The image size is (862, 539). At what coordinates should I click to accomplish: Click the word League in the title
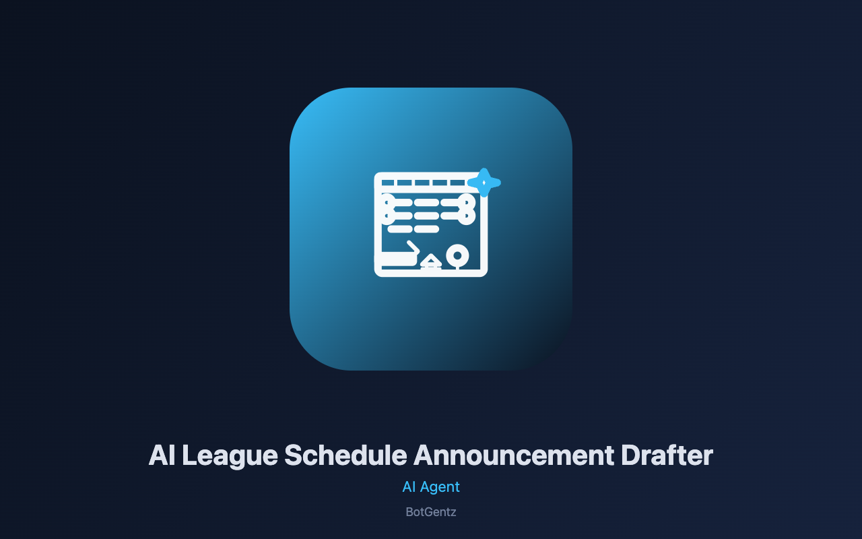(x=230, y=456)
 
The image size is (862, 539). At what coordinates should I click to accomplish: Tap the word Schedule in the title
(x=345, y=455)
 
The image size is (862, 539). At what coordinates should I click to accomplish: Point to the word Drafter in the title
(x=667, y=455)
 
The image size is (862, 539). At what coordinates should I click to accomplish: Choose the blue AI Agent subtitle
(x=431, y=486)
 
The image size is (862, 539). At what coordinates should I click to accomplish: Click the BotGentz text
(x=431, y=512)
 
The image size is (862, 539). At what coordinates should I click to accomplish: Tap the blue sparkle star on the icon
(x=484, y=183)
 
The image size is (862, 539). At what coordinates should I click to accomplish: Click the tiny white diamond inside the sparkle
(x=484, y=183)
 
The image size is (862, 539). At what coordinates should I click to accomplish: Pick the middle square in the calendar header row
(x=422, y=183)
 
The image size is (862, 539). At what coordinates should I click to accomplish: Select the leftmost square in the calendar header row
(x=387, y=183)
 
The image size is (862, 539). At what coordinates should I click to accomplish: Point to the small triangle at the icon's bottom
(x=431, y=260)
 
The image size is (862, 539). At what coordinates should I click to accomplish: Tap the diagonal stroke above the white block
(x=413, y=247)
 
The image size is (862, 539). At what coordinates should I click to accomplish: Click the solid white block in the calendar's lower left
(x=397, y=259)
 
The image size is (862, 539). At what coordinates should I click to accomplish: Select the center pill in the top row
(x=426, y=203)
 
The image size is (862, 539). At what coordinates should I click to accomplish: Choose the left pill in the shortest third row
(x=400, y=229)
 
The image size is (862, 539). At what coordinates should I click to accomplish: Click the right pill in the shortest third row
(x=426, y=229)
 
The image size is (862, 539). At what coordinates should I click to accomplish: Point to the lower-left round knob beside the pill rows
(x=387, y=216)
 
